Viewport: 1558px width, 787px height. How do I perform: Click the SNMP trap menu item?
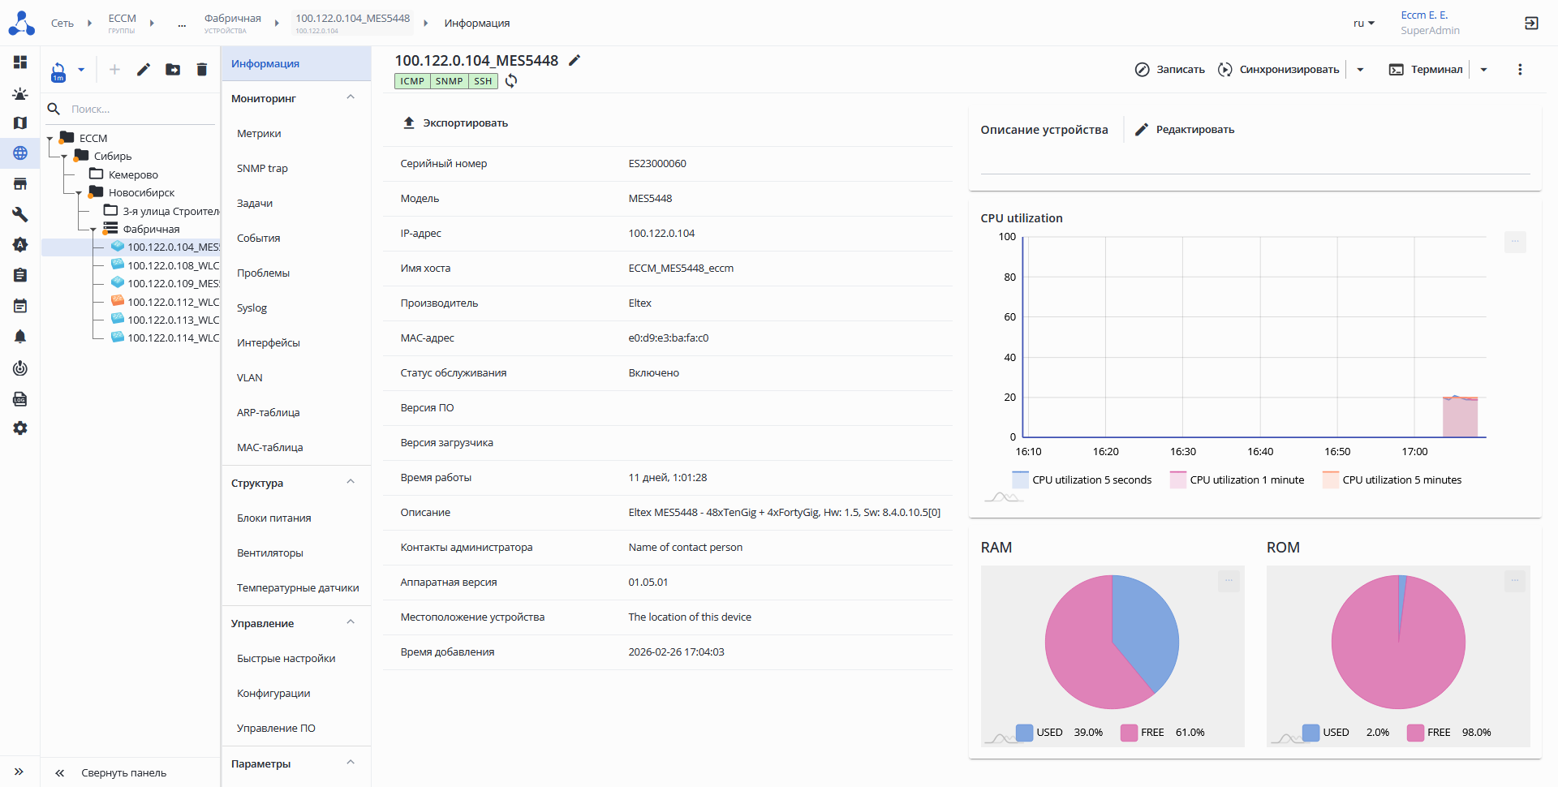point(262,169)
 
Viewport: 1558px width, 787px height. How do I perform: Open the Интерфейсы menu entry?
point(268,343)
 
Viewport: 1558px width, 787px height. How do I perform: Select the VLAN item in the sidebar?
point(249,378)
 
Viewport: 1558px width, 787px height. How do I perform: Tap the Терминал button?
point(1426,70)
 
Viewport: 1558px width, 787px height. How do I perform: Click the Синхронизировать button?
point(1279,70)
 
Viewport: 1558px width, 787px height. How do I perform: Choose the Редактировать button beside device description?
point(1185,130)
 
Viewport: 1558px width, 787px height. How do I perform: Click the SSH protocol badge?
point(483,81)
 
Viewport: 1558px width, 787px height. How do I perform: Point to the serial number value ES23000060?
point(656,164)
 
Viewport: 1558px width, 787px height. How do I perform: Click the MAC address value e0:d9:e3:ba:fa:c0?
point(668,338)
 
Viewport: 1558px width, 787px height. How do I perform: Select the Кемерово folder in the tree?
point(132,174)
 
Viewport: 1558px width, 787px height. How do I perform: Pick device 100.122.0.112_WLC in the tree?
point(172,302)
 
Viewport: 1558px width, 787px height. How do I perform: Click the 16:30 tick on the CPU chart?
point(1182,452)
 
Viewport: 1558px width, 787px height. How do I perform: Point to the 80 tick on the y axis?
point(1009,277)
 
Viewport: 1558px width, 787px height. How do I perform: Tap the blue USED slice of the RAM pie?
point(1144,625)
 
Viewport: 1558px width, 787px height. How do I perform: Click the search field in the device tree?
point(138,110)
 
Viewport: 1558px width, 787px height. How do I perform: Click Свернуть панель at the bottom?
point(123,773)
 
